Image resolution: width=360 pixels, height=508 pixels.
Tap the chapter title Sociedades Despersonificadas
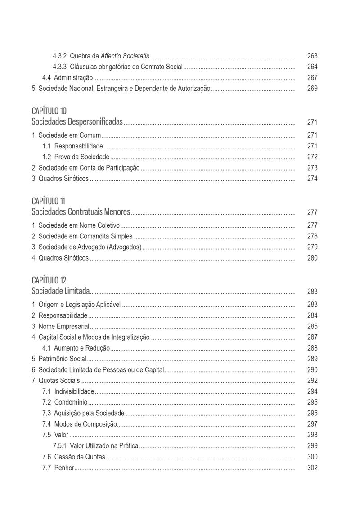(x=77, y=122)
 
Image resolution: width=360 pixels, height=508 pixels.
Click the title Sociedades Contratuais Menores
(x=81, y=212)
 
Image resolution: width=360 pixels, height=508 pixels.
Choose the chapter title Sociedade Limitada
(x=61, y=291)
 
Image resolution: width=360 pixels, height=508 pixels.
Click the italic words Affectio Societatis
(x=125, y=56)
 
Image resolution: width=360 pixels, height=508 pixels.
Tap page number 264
(x=312, y=67)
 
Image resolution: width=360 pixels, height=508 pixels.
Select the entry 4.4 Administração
(x=67, y=78)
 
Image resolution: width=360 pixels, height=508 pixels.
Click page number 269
(x=312, y=89)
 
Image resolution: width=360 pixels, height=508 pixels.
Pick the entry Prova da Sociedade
(x=81, y=157)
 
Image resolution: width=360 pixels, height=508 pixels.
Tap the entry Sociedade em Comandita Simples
(x=85, y=236)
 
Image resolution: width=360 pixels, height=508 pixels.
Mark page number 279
(x=312, y=247)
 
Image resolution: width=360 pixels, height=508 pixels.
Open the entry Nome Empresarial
(x=63, y=326)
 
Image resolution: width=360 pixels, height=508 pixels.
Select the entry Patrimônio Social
(x=62, y=359)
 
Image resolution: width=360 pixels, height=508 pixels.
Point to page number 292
(x=312, y=381)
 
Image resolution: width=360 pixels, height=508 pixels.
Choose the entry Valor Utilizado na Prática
(x=104, y=446)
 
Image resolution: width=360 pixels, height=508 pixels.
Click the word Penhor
(x=64, y=468)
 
